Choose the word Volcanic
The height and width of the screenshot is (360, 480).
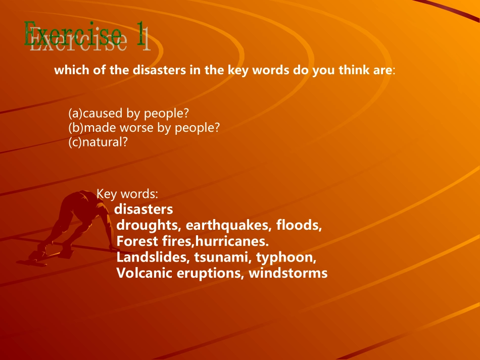tap(141, 273)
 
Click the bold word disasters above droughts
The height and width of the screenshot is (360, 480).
tap(143, 209)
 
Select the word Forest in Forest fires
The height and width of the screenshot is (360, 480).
tap(137, 241)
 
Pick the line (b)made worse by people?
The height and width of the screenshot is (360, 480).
tap(144, 128)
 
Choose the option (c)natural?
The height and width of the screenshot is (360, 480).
tap(98, 142)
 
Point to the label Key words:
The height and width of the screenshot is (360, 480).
tap(128, 193)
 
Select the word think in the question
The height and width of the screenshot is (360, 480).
tap(354, 70)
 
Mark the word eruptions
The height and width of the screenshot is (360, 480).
tap(216, 274)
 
